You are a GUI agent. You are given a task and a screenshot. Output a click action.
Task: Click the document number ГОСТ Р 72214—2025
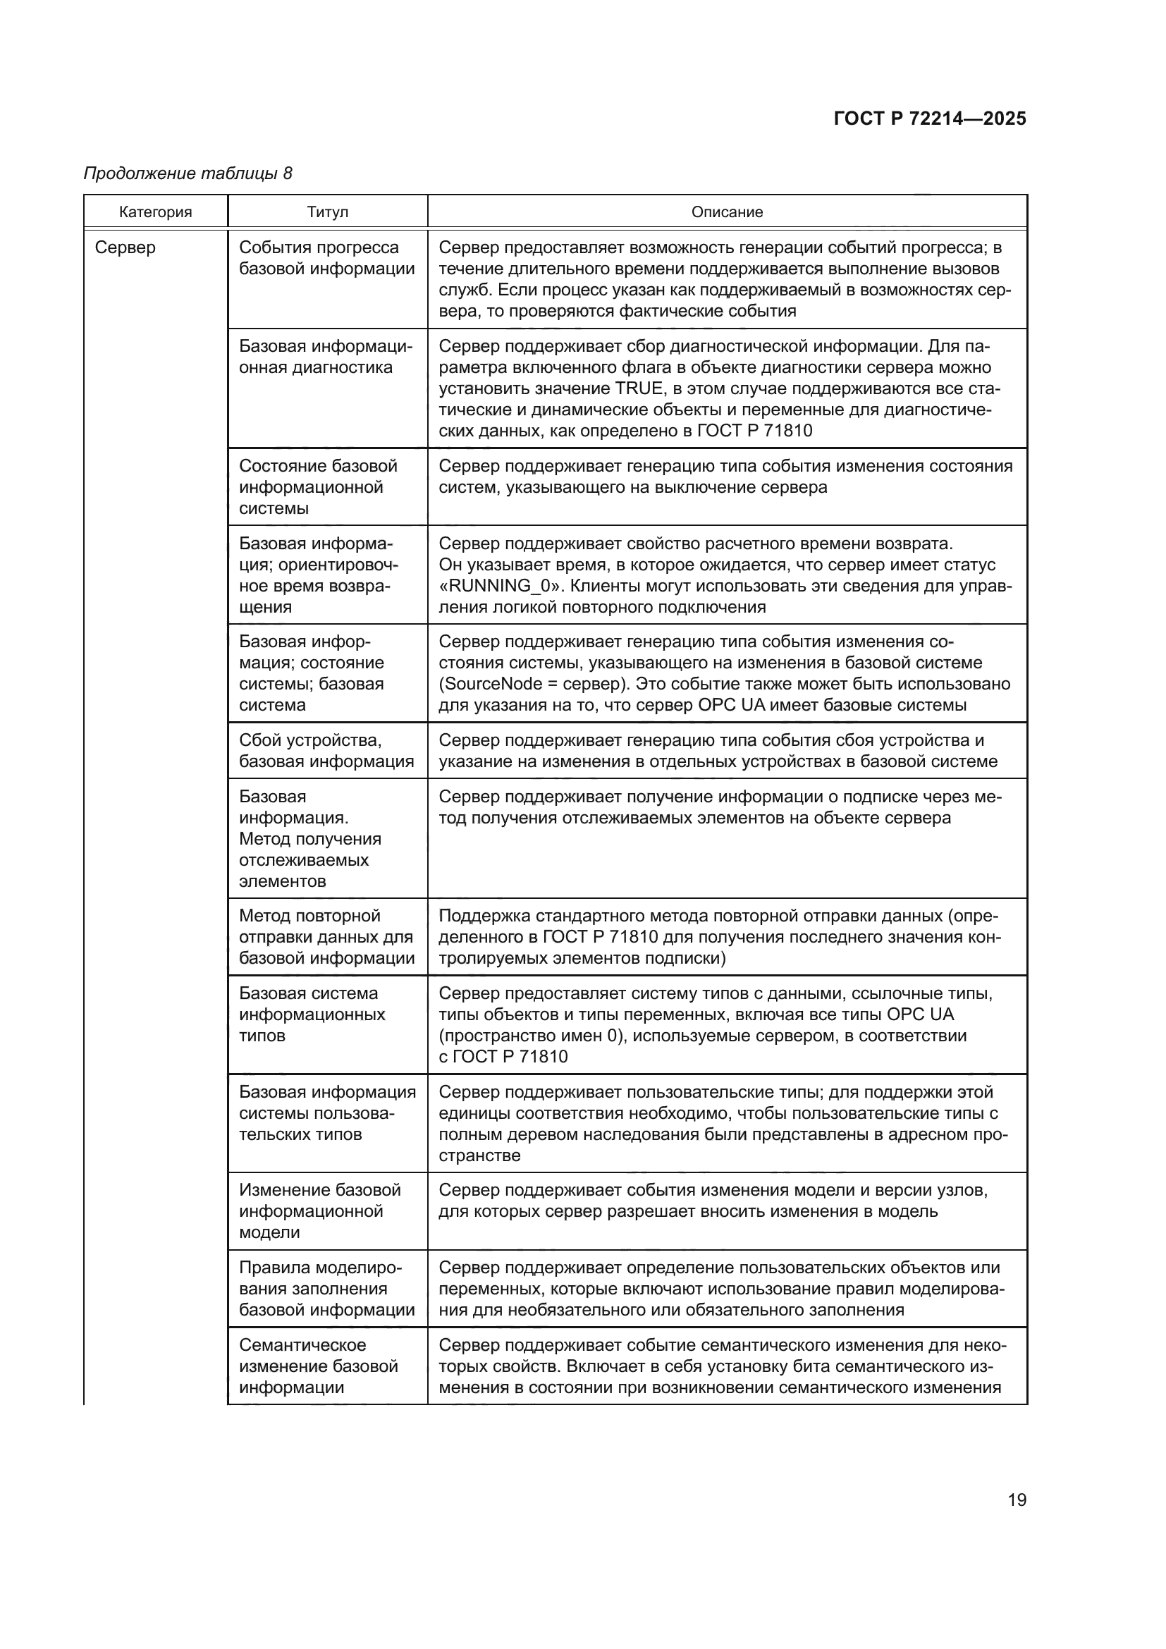click(929, 119)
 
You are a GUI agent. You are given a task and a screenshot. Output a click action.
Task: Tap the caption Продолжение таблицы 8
click(188, 173)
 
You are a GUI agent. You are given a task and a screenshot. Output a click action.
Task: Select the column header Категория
click(156, 212)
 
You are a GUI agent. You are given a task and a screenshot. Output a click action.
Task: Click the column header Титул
click(327, 212)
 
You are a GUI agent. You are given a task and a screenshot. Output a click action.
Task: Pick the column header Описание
click(727, 212)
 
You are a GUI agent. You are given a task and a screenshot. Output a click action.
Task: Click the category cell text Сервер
click(125, 247)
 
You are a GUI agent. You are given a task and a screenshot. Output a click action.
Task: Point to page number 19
click(1017, 1500)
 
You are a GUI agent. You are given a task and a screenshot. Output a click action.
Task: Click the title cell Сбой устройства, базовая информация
click(326, 751)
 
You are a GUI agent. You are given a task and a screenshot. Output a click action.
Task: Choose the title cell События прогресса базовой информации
click(326, 258)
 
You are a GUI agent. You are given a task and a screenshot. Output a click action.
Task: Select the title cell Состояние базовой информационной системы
click(318, 487)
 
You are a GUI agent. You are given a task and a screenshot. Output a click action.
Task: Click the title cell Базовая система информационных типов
click(312, 1014)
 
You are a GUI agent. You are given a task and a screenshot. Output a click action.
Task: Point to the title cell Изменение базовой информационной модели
click(319, 1211)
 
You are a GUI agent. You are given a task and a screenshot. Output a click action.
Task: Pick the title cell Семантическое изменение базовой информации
click(318, 1366)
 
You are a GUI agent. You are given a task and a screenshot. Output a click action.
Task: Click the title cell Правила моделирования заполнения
click(326, 1289)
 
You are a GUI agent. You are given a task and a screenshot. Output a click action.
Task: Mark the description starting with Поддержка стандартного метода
click(718, 937)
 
